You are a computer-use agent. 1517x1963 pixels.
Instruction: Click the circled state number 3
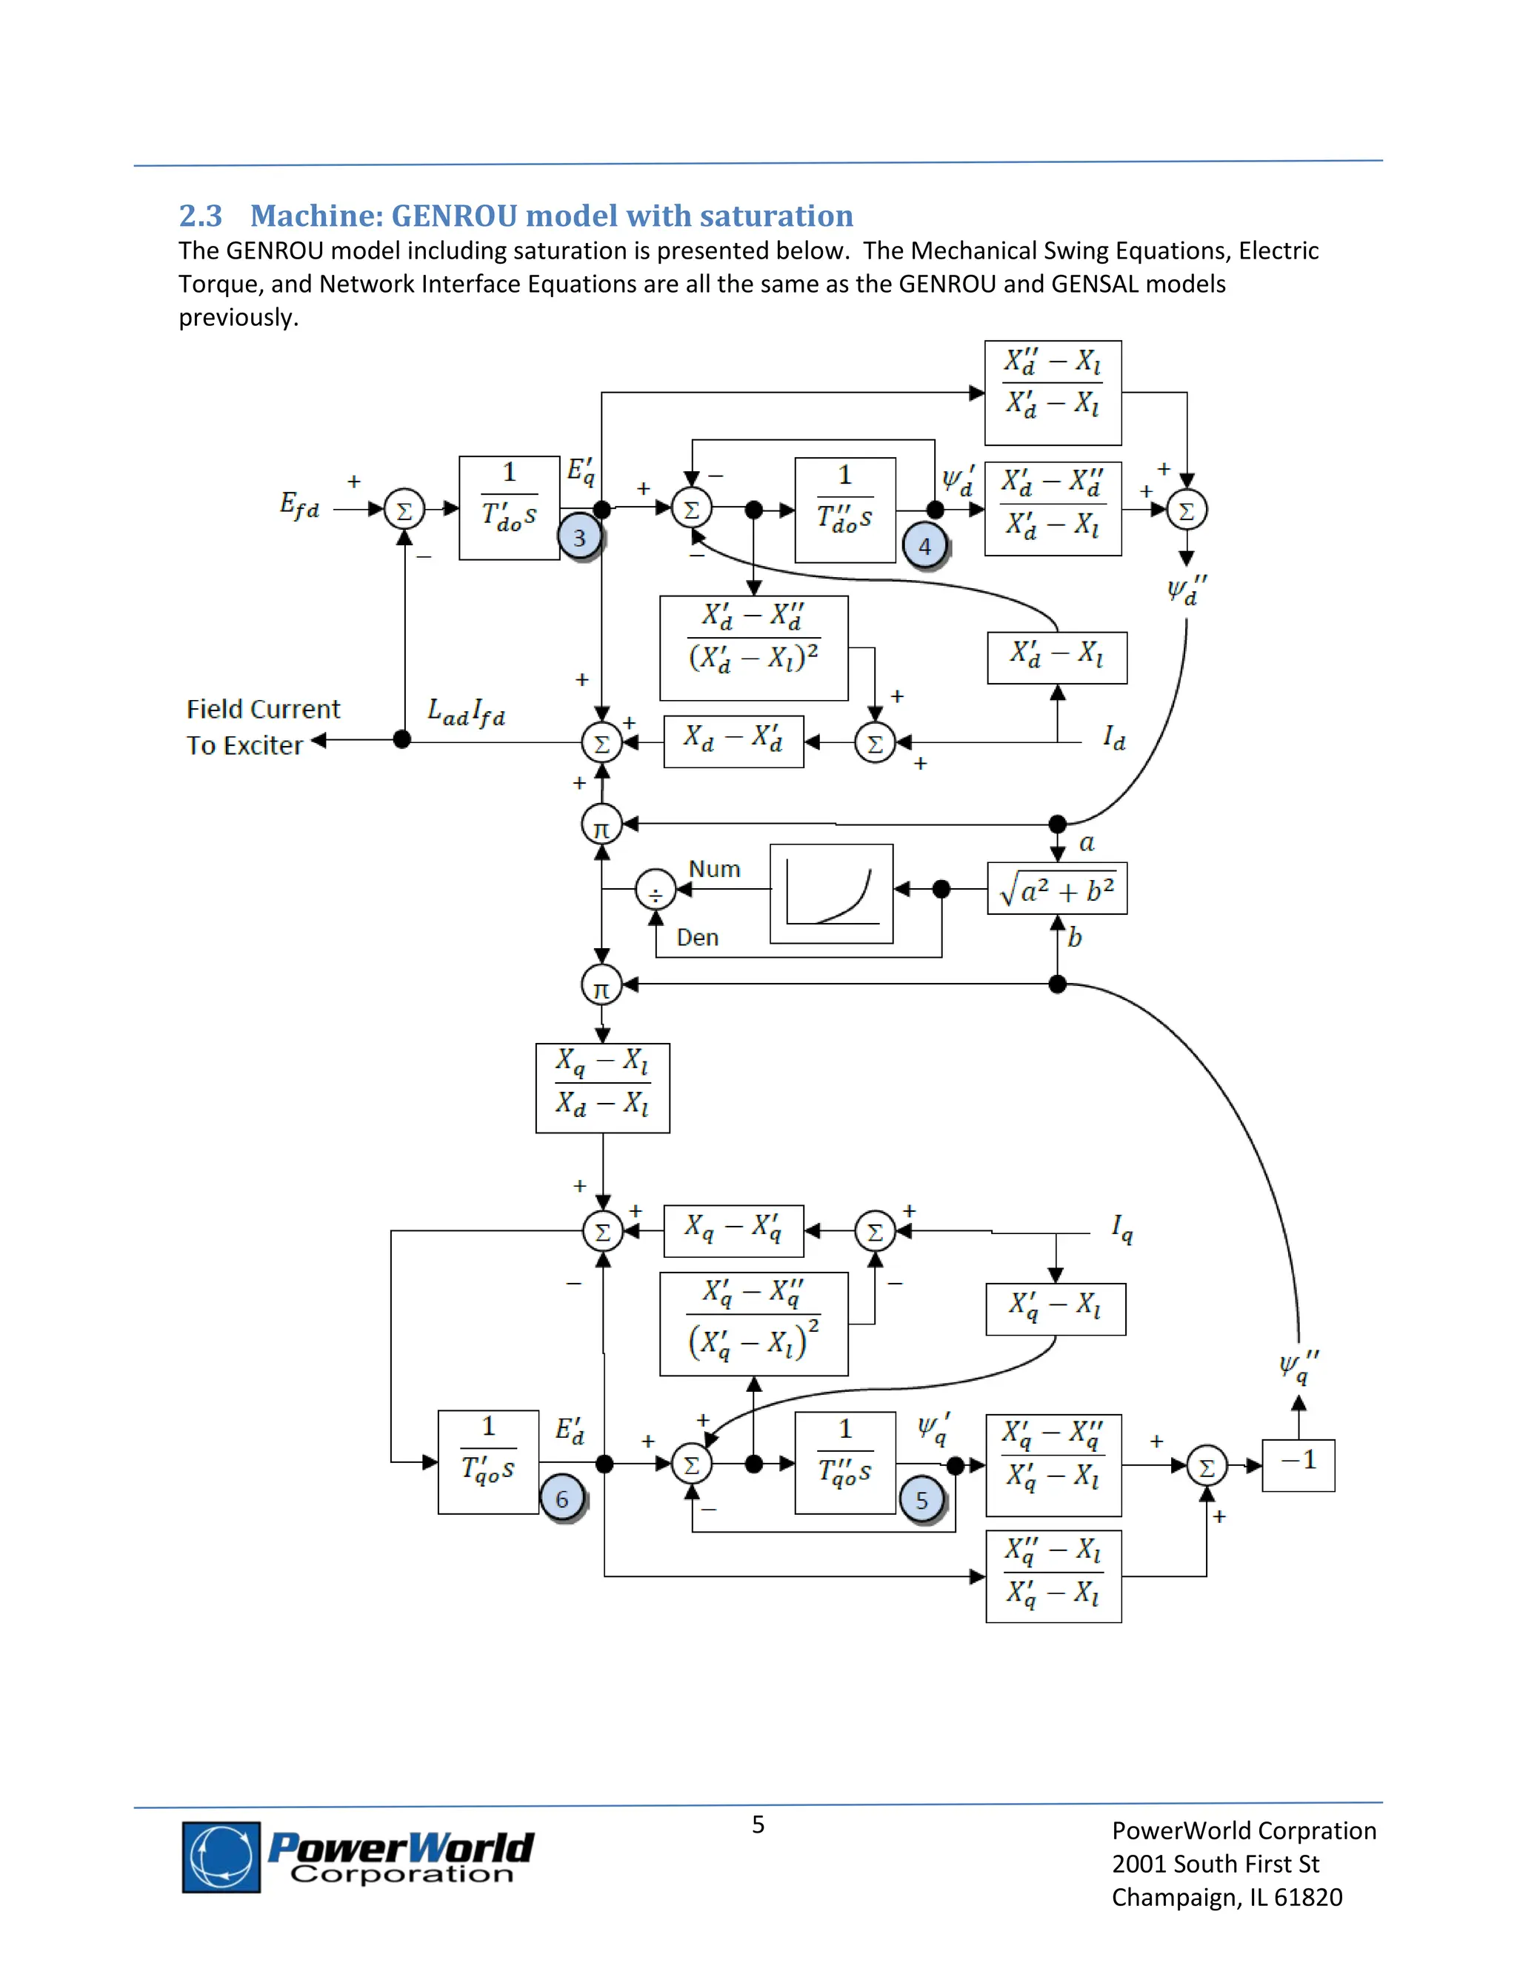[580, 538]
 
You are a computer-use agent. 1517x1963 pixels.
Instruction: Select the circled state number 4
[924, 546]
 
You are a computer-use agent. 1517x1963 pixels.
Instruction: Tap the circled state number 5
[922, 1500]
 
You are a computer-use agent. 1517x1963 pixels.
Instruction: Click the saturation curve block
[831, 893]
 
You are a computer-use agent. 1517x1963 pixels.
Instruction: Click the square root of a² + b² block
[1057, 889]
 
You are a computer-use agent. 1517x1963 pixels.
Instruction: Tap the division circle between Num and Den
[655, 890]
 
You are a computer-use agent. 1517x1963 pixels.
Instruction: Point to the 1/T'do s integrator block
[510, 508]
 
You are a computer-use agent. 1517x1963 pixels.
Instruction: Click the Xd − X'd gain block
[733, 741]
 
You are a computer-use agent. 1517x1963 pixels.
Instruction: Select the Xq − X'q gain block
[733, 1230]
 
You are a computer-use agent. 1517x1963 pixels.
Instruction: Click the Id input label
[1113, 739]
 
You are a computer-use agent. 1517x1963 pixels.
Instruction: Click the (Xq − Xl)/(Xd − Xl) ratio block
[602, 1087]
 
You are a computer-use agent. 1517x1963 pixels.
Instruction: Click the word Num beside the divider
[715, 869]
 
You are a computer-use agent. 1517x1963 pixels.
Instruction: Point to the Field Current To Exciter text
[262, 726]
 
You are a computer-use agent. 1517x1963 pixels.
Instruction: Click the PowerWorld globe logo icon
[221, 1857]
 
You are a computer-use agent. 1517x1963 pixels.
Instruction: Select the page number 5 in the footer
[758, 1824]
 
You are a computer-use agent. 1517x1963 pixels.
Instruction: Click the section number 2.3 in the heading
[201, 216]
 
